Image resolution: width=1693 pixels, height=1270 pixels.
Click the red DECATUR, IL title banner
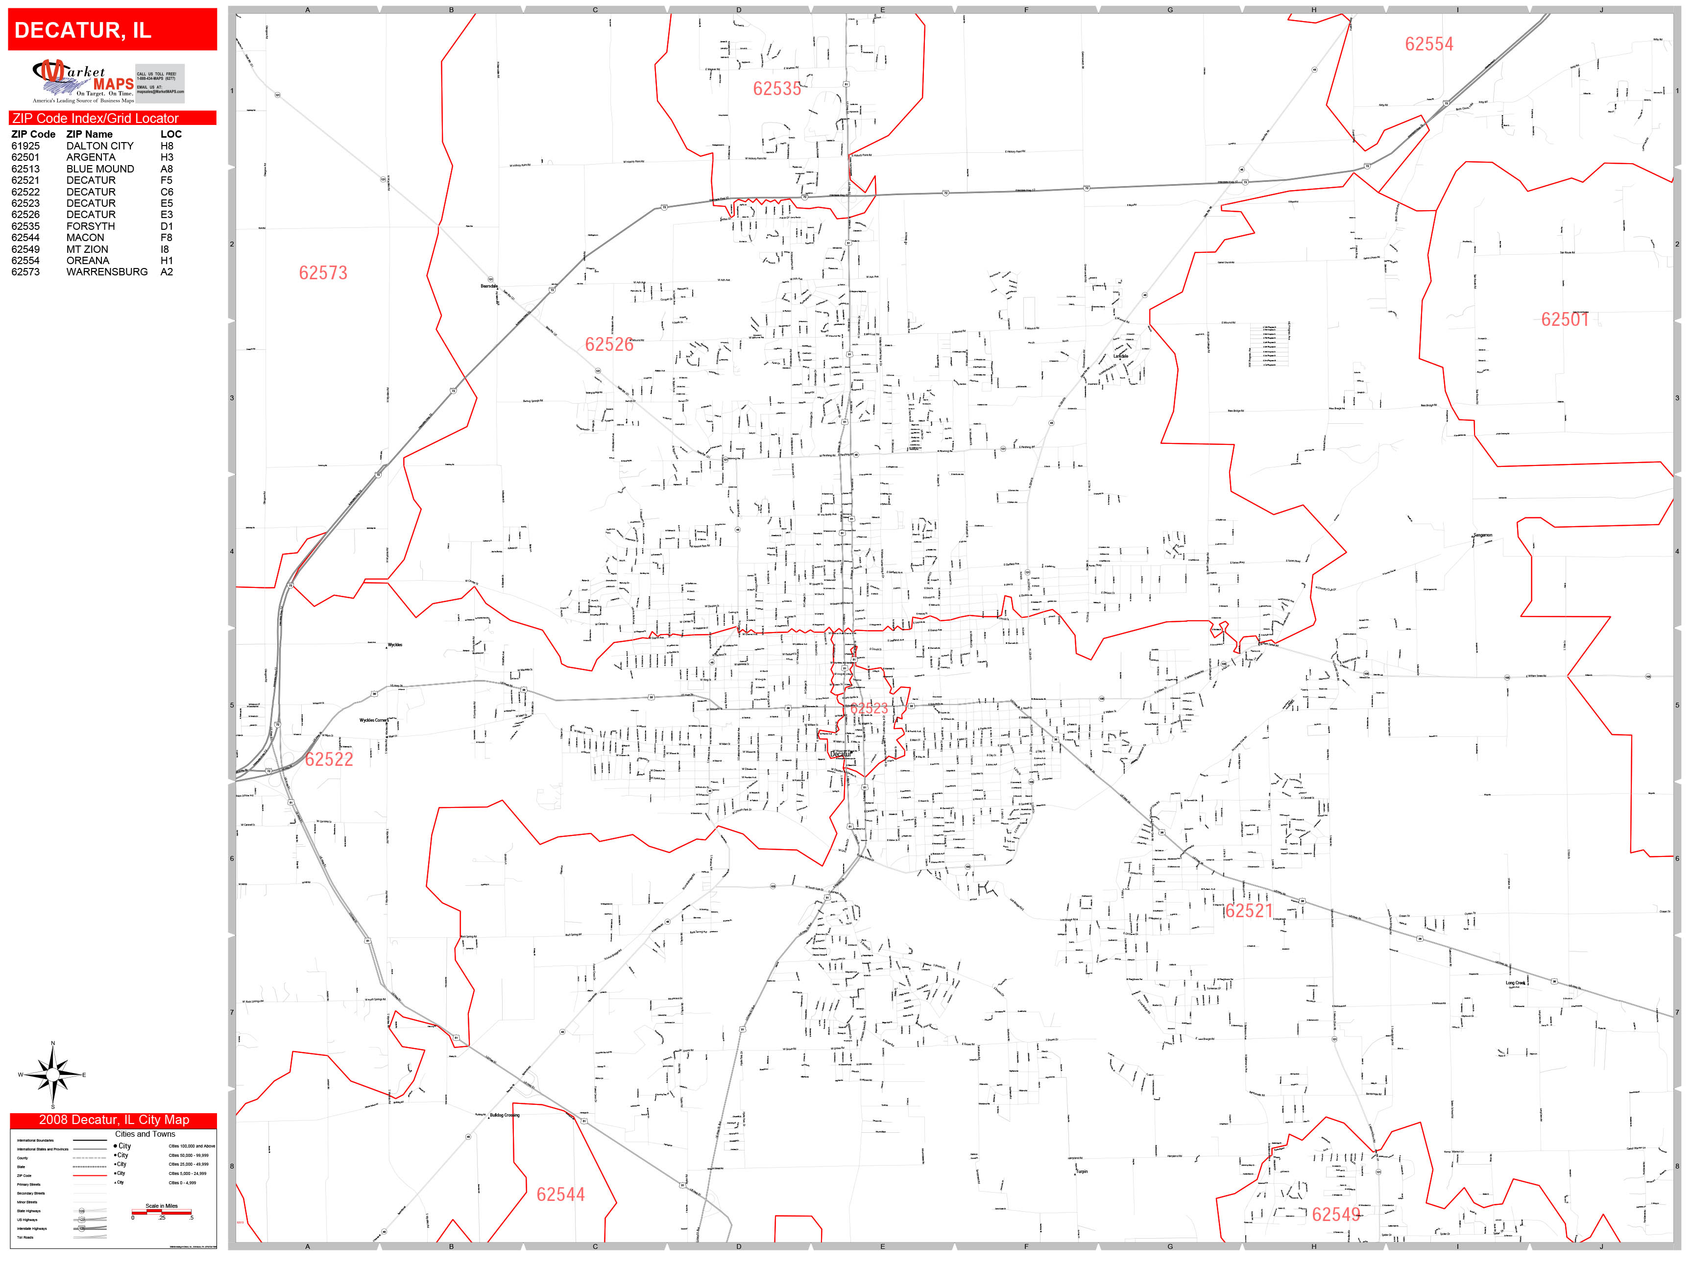[x=113, y=30]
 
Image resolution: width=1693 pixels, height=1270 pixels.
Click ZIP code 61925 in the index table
[x=25, y=146]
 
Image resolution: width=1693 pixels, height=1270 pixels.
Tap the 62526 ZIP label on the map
[x=609, y=344]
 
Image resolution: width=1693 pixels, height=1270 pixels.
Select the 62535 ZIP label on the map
[x=777, y=89]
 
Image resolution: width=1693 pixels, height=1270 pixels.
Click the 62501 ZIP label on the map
[x=1565, y=320]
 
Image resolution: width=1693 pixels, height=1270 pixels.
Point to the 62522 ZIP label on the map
[x=329, y=759]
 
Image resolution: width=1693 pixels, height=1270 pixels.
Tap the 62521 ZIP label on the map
[x=1248, y=911]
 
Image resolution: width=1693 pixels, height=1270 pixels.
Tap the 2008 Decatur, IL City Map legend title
[x=113, y=1120]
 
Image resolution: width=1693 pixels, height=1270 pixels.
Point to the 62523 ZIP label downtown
[x=870, y=708]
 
